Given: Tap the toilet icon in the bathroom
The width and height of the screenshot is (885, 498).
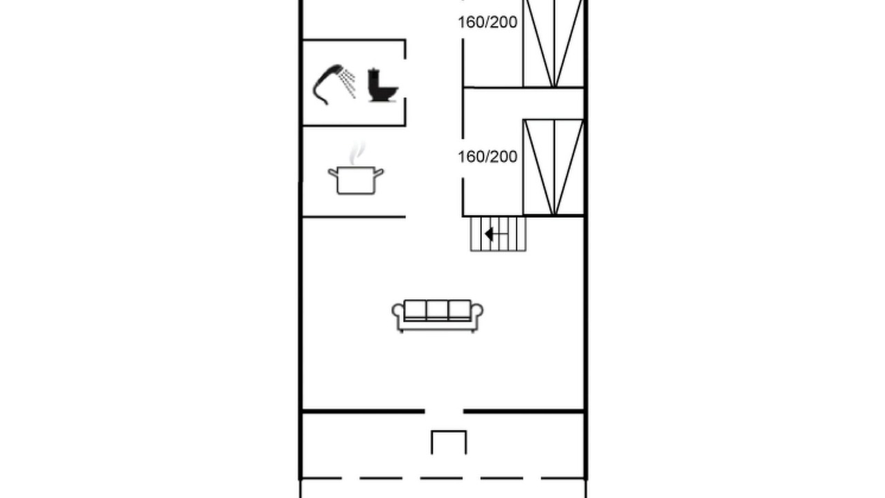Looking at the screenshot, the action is [x=382, y=85].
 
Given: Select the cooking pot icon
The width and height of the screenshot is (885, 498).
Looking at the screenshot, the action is [x=355, y=181].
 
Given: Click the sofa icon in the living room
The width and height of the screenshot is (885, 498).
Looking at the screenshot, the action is [x=438, y=316].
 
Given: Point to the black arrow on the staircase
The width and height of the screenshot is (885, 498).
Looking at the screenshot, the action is [x=489, y=234].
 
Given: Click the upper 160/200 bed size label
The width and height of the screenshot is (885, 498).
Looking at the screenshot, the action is [x=487, y=22].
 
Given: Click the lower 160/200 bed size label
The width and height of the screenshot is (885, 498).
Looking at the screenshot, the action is [x=487, y=157].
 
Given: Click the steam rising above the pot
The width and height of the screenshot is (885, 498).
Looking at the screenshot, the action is [x=357, y=154].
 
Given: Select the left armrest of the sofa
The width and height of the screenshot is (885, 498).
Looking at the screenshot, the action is [x=398, y=315].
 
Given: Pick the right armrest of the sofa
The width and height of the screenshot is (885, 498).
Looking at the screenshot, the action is [x=477, y=315].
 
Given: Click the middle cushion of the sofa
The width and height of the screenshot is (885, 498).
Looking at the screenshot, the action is [x=438, y=310].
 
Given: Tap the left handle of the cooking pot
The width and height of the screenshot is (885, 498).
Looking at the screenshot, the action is [x=333, y=173].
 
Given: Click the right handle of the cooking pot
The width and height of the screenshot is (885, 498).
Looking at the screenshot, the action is [x=378, y=173].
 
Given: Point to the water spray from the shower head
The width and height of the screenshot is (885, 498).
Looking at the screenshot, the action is [x=348, y=83].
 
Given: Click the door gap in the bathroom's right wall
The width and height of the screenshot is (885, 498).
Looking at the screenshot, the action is [x=405, y=79].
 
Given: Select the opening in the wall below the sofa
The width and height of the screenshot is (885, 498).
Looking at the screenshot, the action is [x=444, y=412].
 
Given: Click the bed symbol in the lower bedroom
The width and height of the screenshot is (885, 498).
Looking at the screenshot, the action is [x=554, y=167].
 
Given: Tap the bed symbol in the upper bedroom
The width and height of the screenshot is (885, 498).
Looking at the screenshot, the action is [x=554, y=44].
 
